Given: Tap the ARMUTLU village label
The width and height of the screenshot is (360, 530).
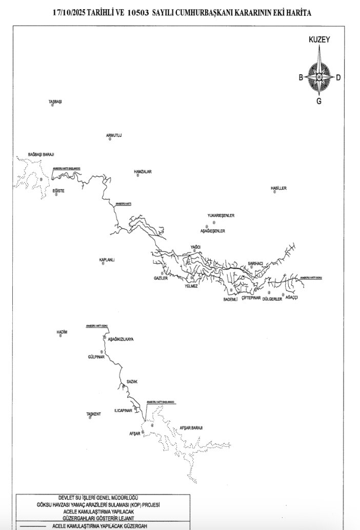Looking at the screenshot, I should [x=113, y=135].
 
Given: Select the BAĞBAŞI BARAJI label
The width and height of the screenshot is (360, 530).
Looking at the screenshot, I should [x=41, y=154].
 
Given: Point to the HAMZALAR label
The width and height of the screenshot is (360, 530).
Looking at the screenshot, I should [x=143, y=172].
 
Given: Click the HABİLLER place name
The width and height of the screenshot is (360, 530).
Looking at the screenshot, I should [x=278, y=188].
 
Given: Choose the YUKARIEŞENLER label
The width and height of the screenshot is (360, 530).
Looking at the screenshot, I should [x=221, y=215].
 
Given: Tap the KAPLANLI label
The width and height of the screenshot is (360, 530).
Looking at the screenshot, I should [x=107, y=260].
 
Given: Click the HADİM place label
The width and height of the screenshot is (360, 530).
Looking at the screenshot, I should [x=62, y=332].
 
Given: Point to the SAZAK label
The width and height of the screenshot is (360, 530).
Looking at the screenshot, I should [x=133, y=382].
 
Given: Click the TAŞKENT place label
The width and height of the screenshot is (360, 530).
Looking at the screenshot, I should [x=94, y=414].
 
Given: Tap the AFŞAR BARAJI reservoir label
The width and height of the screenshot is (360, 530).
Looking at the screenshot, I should [x=191, y=427].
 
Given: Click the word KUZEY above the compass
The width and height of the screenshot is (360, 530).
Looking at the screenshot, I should [x=318, y=39].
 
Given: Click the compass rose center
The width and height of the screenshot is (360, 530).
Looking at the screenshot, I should [x=318, y=77].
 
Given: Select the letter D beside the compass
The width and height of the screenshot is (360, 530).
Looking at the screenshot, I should [x=338, y=77].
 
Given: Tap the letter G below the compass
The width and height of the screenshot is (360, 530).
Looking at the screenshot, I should [x=318, y=101].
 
